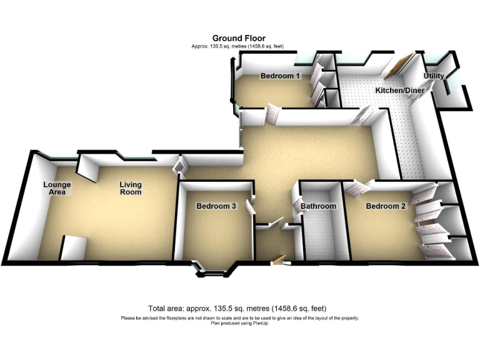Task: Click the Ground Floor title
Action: click(240, 38)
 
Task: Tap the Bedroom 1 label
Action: click(281, 76)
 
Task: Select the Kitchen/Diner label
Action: click(399, 91)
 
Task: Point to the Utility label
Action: click(434, 76)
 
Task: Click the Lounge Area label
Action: click(57, 188)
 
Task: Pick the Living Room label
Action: click(131, 188)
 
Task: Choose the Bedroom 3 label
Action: click(216, 206)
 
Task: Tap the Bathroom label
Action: click(318, 206)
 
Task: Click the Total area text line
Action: click(237, 309)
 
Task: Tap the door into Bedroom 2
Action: click(356, 187)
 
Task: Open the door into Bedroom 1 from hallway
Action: click(273, 114)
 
